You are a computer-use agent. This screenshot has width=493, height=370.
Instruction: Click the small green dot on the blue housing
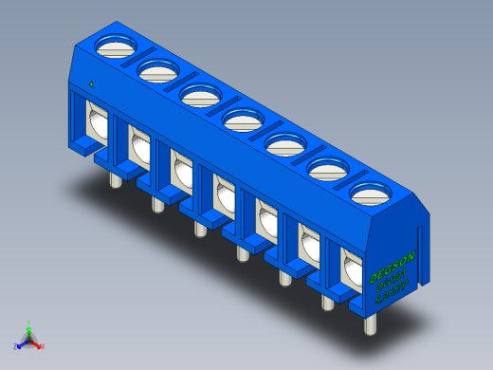(90, 83)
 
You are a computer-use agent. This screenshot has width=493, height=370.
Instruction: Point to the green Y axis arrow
(28, 325)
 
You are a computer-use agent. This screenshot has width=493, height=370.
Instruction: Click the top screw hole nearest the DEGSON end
(372, 194)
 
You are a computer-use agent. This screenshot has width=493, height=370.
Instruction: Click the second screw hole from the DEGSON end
(329, 170)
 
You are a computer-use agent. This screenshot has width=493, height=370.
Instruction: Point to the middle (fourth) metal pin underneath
(241, 250)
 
